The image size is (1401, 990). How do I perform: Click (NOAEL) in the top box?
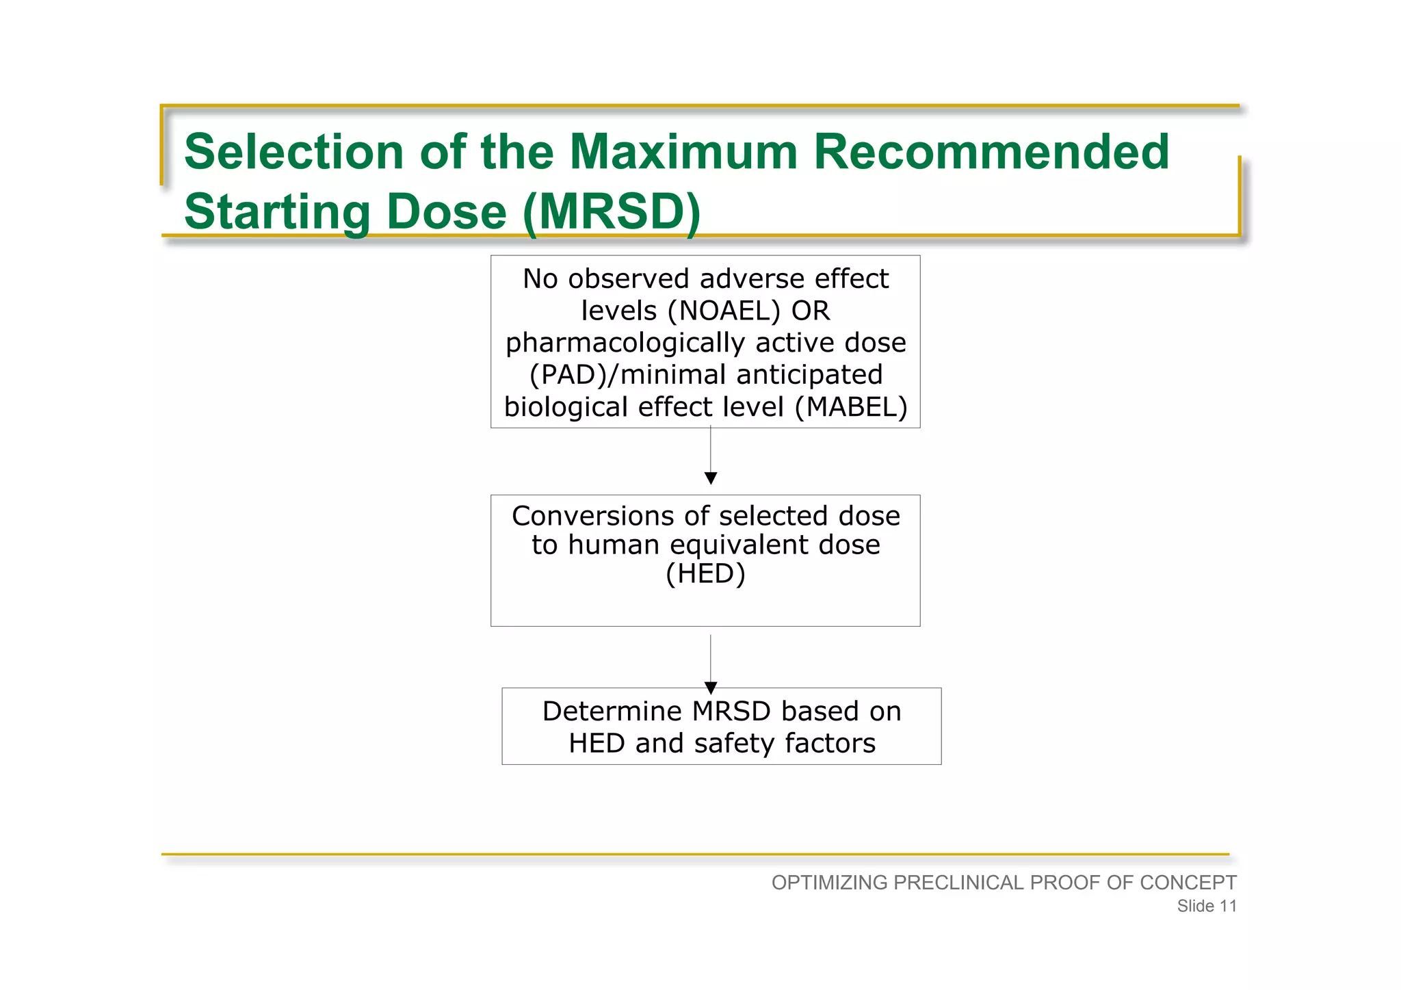pos(724,311)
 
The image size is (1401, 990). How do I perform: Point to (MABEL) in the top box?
pos(851,407)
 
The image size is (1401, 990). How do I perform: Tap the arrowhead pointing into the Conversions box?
pos(710,478)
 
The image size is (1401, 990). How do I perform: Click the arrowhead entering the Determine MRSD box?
pos(710,687)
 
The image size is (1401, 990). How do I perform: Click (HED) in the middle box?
pos(705,573)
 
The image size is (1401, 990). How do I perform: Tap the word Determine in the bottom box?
pos(612,712)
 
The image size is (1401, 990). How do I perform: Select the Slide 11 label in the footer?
pos(1206,906)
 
